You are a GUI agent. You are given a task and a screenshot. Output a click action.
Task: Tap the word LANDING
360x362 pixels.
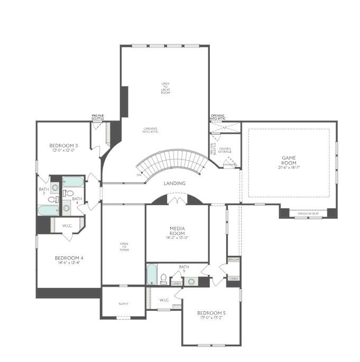point(174,183)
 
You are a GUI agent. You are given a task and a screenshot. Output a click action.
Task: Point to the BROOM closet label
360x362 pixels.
point(233,260)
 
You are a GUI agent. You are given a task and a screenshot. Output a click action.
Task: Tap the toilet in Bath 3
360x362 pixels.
point(52,199)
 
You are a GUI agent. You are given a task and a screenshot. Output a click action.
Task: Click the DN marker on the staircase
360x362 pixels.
point(139,174)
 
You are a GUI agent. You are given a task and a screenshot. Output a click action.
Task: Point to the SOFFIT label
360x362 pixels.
point(123,303)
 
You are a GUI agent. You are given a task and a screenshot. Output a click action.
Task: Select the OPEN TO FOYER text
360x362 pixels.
point(124,247)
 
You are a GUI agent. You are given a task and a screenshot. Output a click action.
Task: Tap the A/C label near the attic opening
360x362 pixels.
point(225,127)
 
